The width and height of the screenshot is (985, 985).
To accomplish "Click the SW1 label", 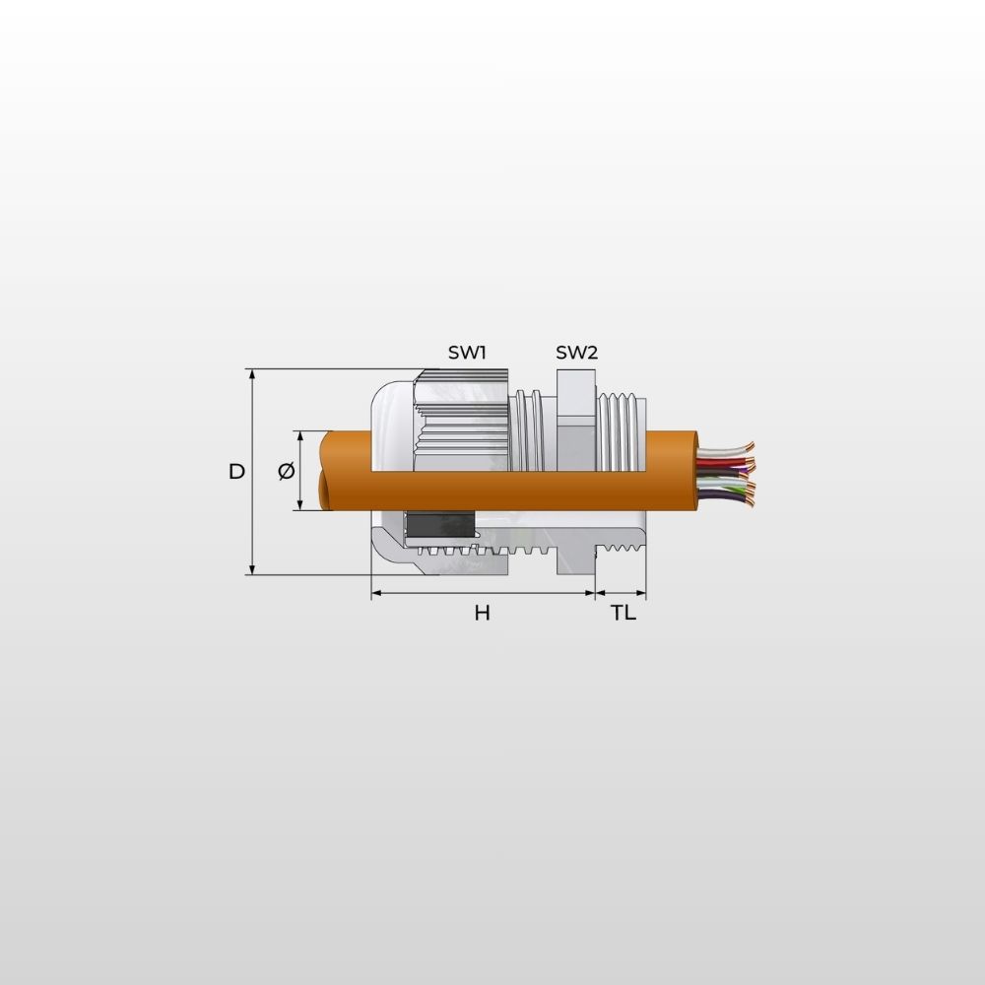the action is coord(467,353).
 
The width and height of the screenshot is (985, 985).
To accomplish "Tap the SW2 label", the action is coord(576,353).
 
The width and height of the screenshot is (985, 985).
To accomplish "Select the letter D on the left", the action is coord(236,471).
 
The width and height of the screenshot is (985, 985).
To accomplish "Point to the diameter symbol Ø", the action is coord(286,471).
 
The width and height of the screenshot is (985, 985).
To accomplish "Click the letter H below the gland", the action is coord(482,613).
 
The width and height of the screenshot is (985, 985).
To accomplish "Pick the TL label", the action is coord(624,613).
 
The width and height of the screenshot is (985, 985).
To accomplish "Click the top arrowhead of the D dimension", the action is coord(252,374).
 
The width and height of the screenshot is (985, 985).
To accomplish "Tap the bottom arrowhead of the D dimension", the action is coord(252,569).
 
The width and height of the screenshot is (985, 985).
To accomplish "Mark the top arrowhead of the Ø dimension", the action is coord(300,436).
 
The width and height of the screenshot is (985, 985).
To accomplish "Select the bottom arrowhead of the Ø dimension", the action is coord(300,503).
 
